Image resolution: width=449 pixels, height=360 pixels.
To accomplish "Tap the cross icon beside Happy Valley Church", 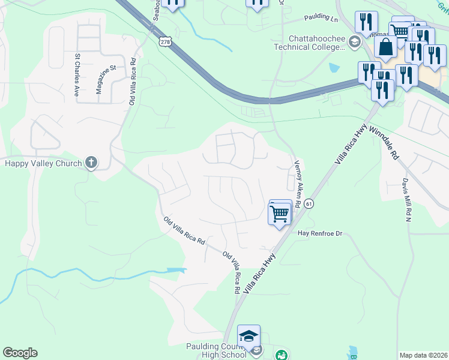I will (x=91, y=162).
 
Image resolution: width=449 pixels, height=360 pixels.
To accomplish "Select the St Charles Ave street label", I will (x=77, y=75).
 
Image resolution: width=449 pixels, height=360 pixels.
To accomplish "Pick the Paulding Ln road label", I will (x=321, y=19).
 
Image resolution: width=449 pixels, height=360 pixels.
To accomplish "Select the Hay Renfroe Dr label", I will (x=319, y=233).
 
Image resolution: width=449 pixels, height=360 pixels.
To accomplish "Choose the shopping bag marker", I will (x=386, y=47).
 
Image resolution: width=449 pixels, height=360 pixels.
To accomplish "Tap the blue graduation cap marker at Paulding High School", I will (x=249, y=336).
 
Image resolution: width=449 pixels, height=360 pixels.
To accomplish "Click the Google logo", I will (x=20, y=353).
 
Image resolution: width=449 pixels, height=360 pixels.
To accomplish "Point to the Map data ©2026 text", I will (x=423, y=355).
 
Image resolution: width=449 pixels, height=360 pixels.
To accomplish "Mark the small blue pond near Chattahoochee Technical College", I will (x=334, y=68).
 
